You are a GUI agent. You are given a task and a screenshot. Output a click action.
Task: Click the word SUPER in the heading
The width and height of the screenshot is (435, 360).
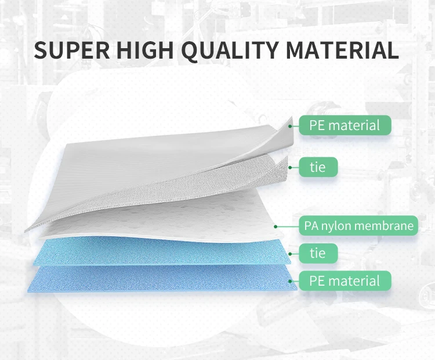pyautogui.click(x=72, y=50)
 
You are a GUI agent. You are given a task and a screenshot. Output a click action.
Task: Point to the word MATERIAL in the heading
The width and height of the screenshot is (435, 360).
pyautogui.click(x=342, y=50)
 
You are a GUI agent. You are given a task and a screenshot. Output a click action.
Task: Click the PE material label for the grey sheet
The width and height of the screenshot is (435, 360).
pyautogui.click(x=345, y=125)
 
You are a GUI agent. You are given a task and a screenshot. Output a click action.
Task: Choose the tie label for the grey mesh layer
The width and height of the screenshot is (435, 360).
pyautogui.click(x=318, y=167)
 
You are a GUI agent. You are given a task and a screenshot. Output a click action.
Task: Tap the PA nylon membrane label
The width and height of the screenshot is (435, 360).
pyautogui.click(x=358, y=225)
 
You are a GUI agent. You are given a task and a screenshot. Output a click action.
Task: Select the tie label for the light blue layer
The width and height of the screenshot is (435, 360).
pyautogui.click(x=318, y=253)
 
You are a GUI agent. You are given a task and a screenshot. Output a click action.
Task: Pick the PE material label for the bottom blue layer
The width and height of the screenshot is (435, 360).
pyautogui.click(x=345, y=281)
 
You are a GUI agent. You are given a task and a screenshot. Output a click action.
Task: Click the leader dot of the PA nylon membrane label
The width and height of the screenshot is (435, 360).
pyautogui.click(x=275, y=226)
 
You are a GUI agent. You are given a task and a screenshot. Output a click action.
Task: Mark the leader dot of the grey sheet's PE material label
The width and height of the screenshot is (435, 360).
pyautogui.click(x=290, y=126)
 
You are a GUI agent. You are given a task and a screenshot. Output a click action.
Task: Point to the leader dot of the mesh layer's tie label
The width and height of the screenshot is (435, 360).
pyautogui.click(x=290, y=167)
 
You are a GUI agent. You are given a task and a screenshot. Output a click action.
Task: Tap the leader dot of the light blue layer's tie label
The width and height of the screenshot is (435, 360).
pyautogui.click(x=290, y=254)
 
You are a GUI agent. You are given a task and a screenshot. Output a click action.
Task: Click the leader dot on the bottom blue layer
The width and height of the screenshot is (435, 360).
pyautogui.click(x=290, y=282)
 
